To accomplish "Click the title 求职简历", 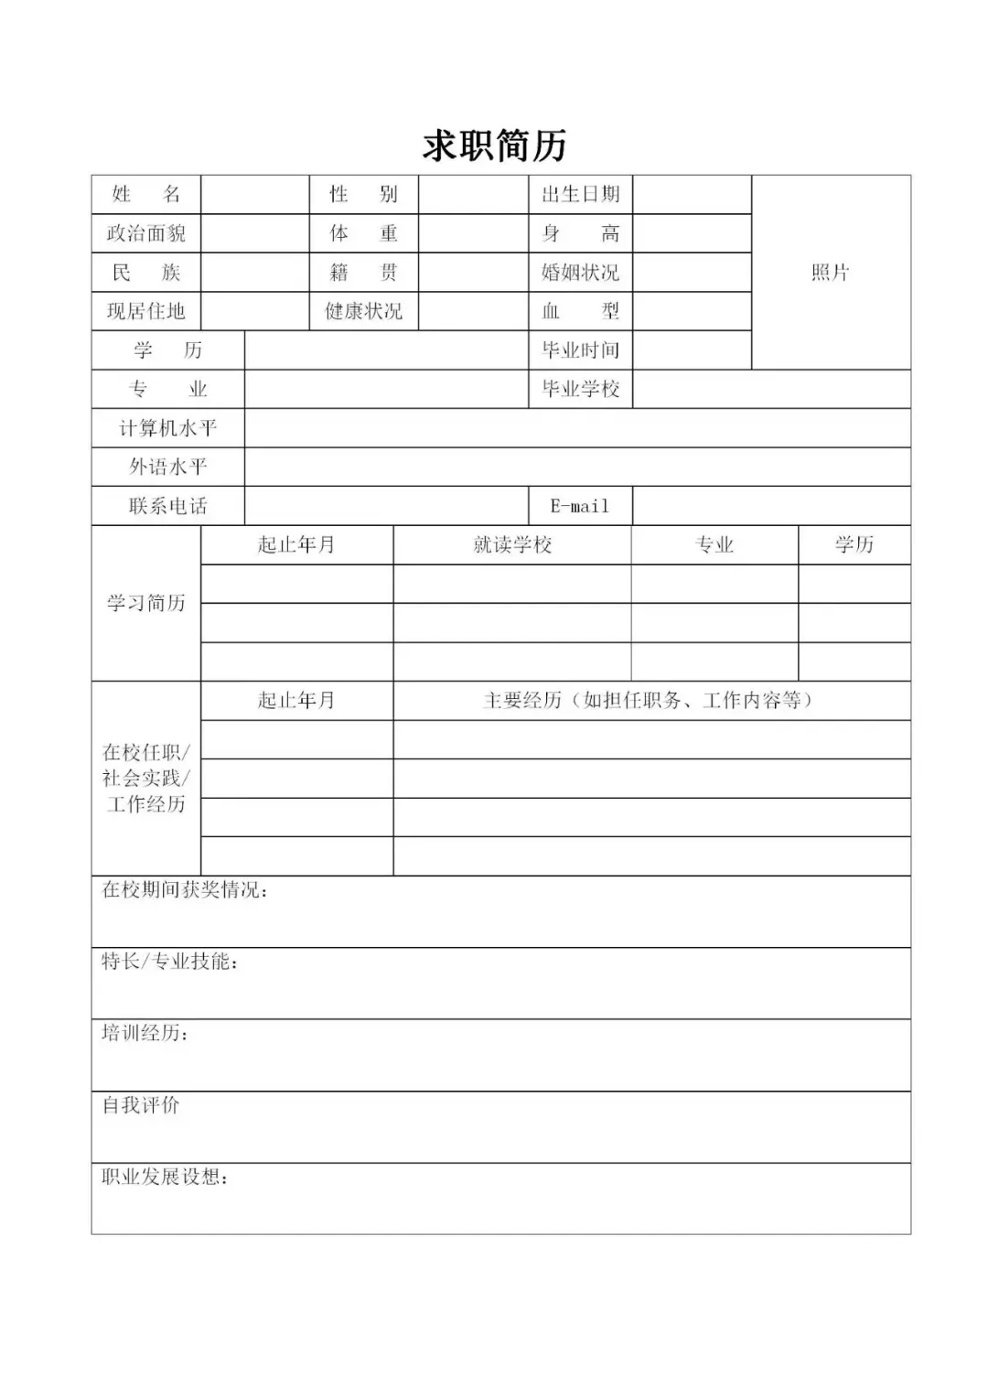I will pyautogui.click(x=494, y=145).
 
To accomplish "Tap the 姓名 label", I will pyautogui.click(x=146, y=194).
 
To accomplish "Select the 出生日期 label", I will pyautogui.click(x=580, y=194).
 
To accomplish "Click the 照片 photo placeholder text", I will pyautogui.click(x=830, y=272).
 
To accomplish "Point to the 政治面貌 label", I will pyautogui.click(x=146, y=233).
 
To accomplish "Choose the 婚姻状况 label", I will pyautogui.click(x=580, y=272).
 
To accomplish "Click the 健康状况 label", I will pyautogui.click(x=363, y=311).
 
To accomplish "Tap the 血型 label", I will pyautogui.click(x=580, y=311).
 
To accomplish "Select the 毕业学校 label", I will pyautogui.click(x=580, y=389).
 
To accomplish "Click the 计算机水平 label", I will pyautogui.click(x=167, y=428).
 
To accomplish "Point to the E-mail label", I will pyautogui.click(x=579, y=506).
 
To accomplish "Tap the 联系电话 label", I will pyautogui.click(x=167, y=506).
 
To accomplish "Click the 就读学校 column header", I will pyautogui.click(x=512, y=545).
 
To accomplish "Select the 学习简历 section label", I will pyautogui.click(x=146, y=603).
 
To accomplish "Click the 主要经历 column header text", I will pyautogui.click(x=650, y=701).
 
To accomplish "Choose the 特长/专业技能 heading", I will pyautogui.click(x=170, y=962).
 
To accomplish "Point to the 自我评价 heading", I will pyautogui.click(x=141, y=1105).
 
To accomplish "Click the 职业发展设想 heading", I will pyautogui.click(x=166, y=1177).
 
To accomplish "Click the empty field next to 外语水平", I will pyautogui.click(x=576, y=467).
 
